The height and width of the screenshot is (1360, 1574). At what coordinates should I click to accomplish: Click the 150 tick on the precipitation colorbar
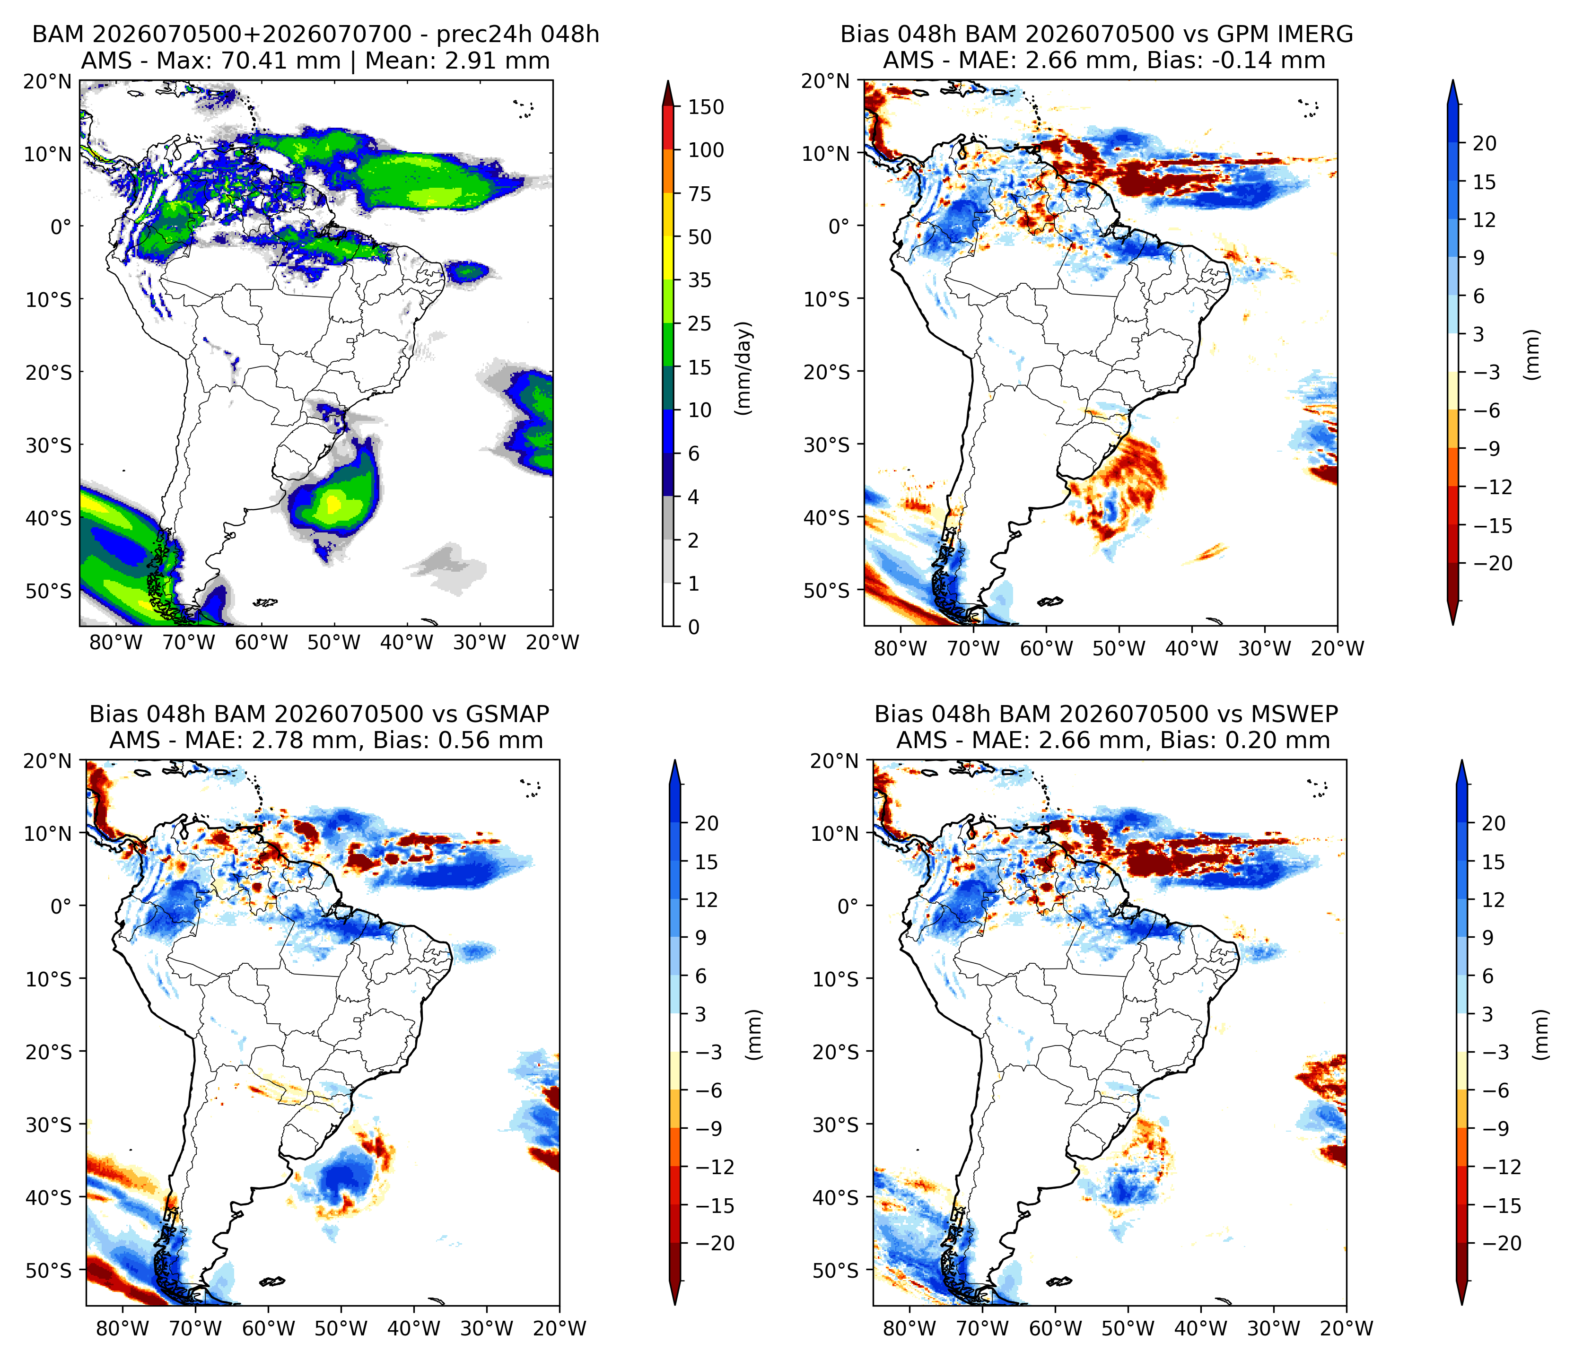(706, 107)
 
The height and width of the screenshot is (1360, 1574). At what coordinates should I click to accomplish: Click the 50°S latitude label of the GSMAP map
(49, 1271)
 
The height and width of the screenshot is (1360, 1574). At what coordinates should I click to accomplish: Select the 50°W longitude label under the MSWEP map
(1128, 1329)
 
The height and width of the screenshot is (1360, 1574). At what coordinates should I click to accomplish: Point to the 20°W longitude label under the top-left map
(553, 643)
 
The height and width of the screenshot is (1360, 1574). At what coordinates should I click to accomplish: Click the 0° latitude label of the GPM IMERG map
(839, 227)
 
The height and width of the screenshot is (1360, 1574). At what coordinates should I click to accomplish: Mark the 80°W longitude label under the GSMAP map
(122, 1329)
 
